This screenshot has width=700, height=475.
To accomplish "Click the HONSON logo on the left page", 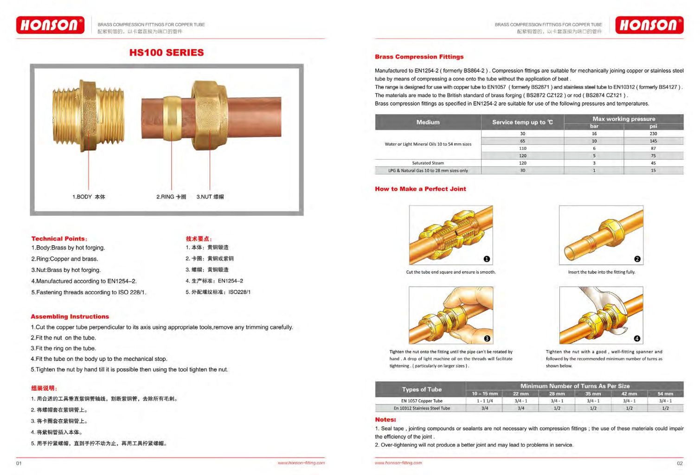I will pos(50,25).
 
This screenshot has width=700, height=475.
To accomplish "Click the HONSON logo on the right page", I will pos(649,25).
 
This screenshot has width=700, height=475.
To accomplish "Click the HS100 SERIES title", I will pos(167,52).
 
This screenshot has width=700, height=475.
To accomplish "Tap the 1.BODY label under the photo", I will pos(89,197).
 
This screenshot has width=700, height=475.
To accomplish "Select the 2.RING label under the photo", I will pos(171,197).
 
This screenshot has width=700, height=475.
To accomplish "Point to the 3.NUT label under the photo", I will pos(210,197).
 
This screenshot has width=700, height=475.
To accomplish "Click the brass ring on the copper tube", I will pos(173,119).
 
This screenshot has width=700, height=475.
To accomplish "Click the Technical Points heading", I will pos(59,238).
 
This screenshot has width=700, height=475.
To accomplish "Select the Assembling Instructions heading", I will pos(70,316).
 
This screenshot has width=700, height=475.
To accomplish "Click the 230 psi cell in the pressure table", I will pos(653,134).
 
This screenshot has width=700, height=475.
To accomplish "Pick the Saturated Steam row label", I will pos(428,163).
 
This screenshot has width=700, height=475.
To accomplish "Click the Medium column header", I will pos(428,122).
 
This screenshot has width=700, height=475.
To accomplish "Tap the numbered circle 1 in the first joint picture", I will pos(487,259).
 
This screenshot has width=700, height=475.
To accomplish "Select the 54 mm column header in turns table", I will pos(665,393).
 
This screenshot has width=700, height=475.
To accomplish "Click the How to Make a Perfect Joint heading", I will pos(420,189).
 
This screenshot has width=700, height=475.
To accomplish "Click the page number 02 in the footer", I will pos(680,463).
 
